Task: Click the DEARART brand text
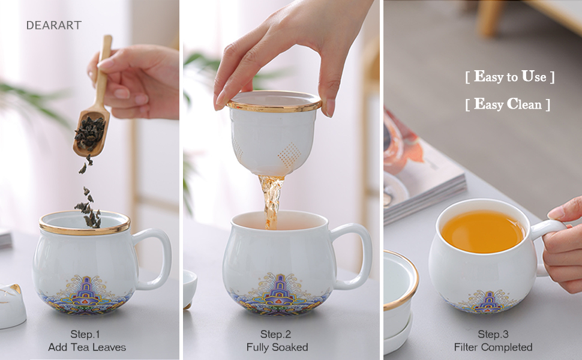point(53,25)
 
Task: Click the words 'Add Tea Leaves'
point(86,347)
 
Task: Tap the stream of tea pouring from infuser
point(272,198)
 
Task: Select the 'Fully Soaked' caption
point(277,347)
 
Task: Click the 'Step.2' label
point(275,334)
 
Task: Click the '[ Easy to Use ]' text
point(509,77)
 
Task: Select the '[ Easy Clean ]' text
point(508,104)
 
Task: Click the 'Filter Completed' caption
point(493,347)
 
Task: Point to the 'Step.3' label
point(493,334)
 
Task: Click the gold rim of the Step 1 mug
point(85,230)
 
